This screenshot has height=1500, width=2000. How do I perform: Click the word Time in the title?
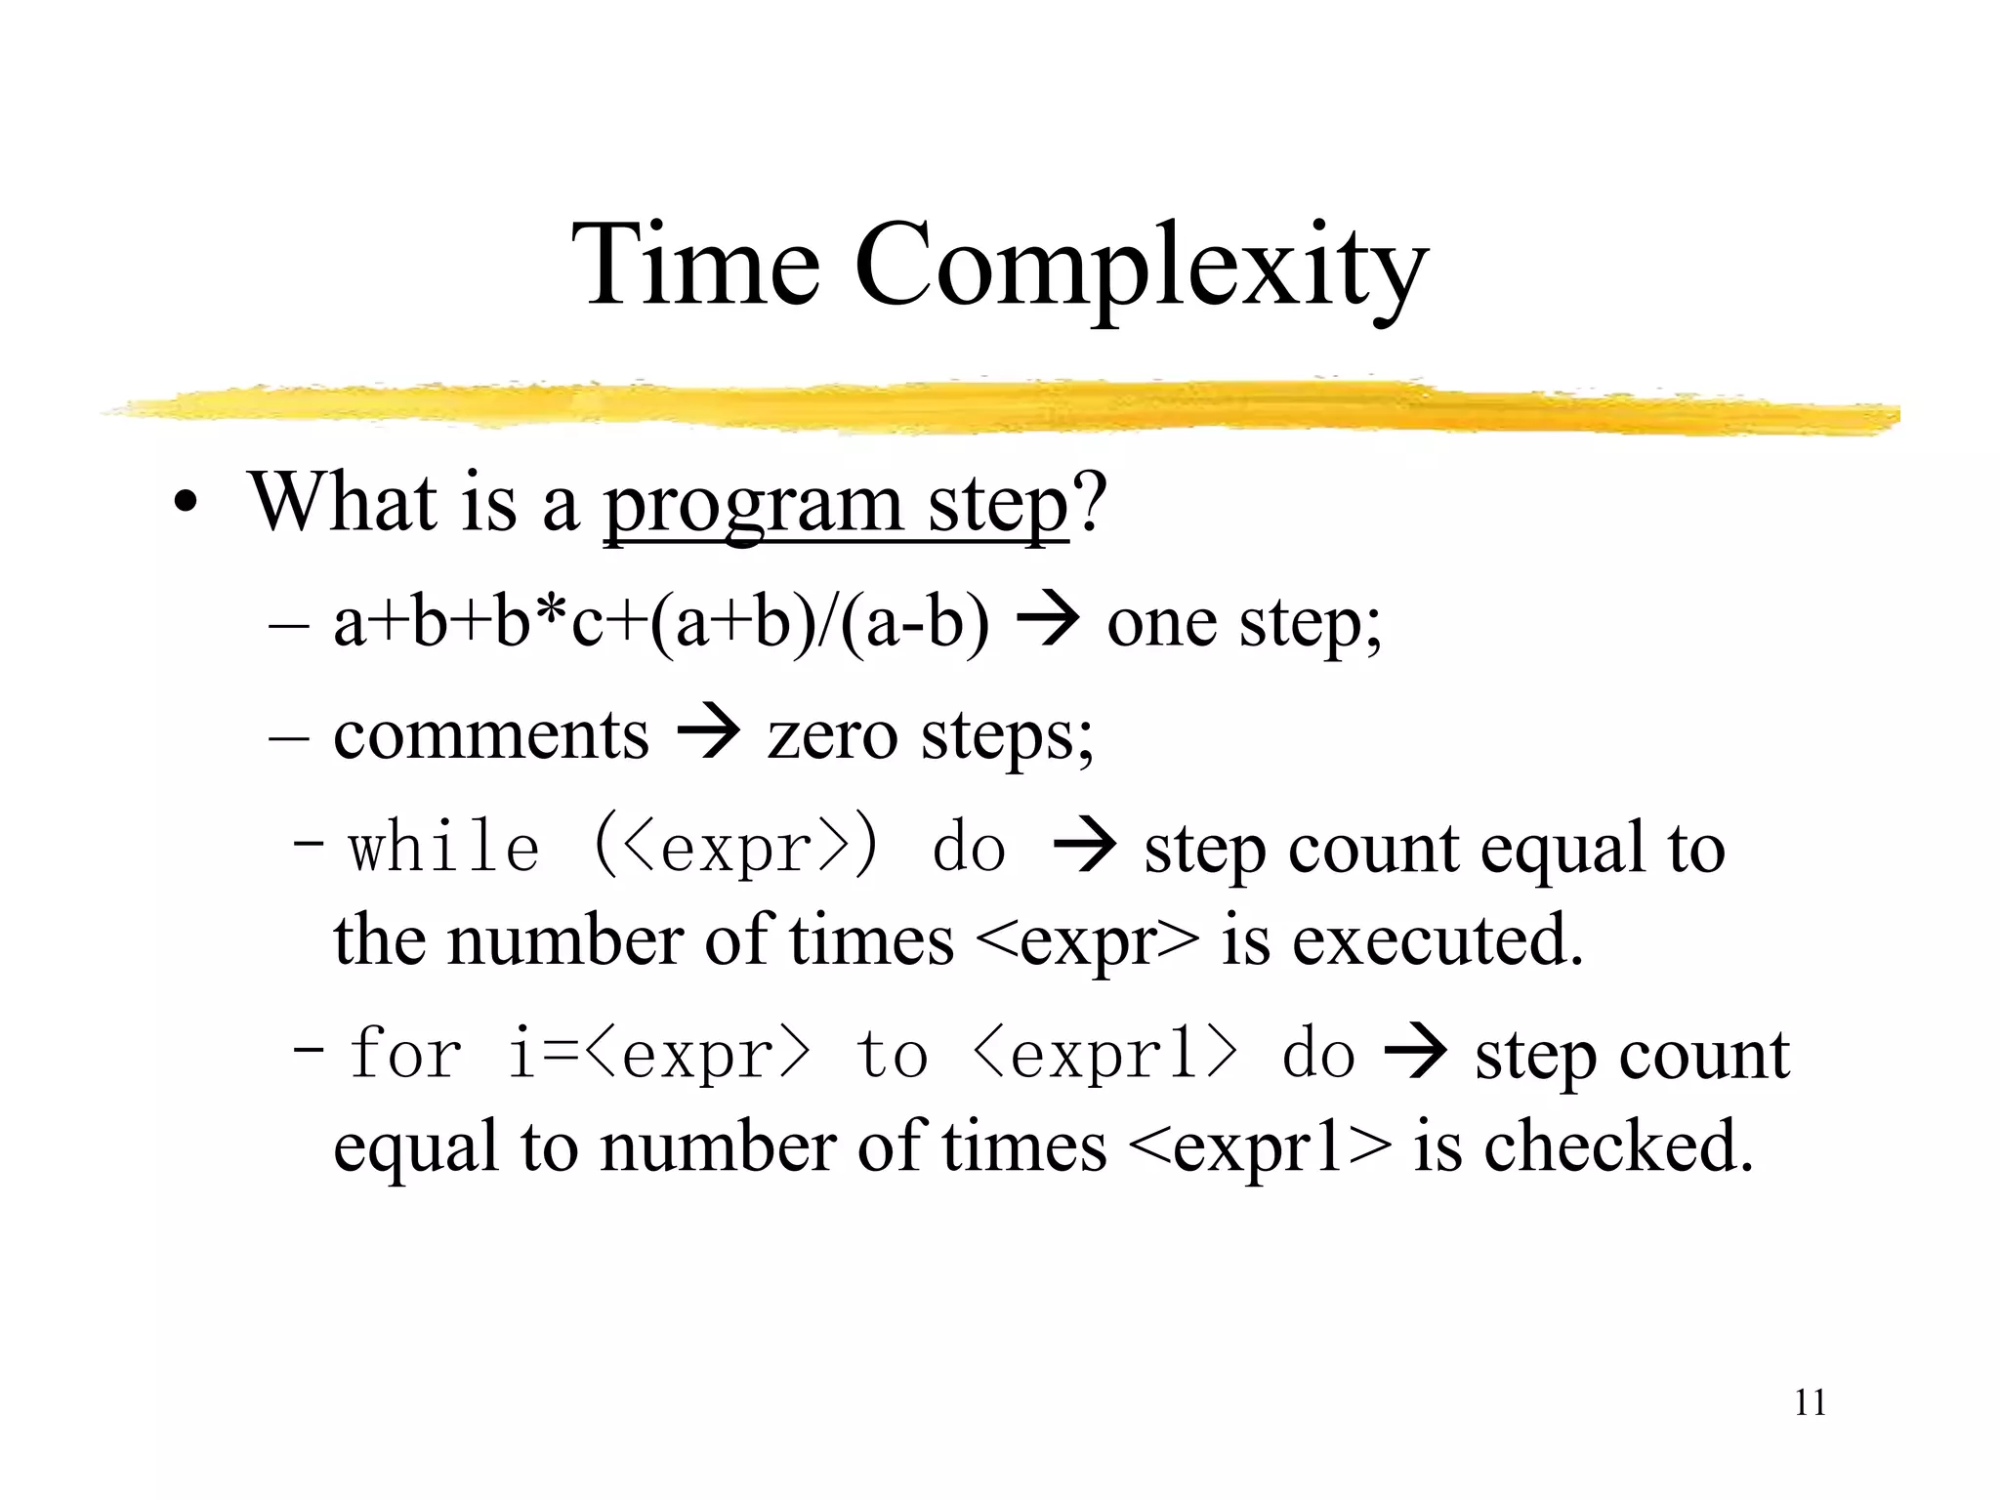click(x=695, y=266)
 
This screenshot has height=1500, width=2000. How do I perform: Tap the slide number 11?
click(x=1810, y=1403)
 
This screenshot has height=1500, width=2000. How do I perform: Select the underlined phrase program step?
click(x=836, y=505)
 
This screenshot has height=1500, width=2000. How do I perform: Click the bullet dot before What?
click(x=184, y=506)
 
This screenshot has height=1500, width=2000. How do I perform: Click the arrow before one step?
click(x=1047, y=621)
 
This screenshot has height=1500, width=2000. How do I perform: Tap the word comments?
click(x=490, y=735)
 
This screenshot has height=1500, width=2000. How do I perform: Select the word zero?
click(x=831, y=735)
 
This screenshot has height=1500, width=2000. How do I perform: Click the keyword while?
click(x=444, y=848)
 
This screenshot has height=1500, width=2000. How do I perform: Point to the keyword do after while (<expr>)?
click(x=968, y=848)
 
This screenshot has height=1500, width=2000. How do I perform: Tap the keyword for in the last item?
click(x=405, y=1055)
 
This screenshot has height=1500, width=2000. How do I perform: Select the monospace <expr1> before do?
click(x=1106, y=1055)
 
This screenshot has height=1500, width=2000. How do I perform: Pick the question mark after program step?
click(x=1090, y=502)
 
